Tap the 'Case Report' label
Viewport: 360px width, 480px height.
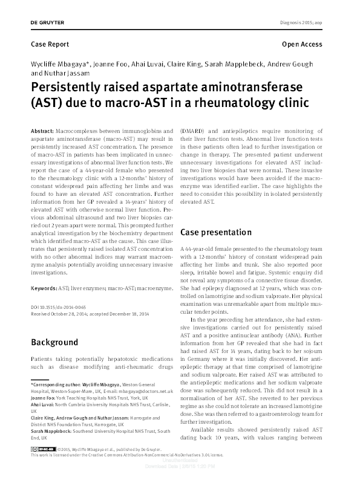(x=50, y=45)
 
